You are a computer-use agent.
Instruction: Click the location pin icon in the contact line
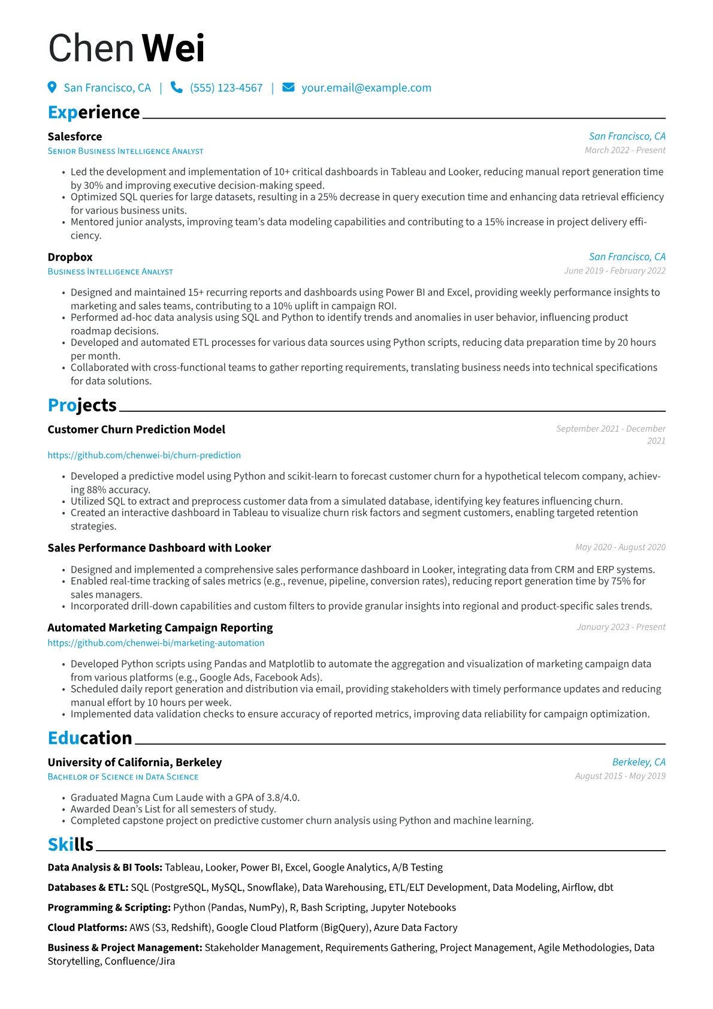coord(52,88)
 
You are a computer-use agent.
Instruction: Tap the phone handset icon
coord(176,88)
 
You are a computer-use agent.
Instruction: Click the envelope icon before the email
coord(288,88)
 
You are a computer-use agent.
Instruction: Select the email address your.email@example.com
coord(366,88)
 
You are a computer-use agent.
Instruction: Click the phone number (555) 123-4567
coord(226,88)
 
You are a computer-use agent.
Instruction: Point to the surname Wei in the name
coord(173,48)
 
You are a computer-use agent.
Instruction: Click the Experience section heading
coord(93,112)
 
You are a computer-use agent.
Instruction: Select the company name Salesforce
coord(75,137)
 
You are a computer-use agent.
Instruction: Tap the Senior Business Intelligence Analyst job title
coord(125,151)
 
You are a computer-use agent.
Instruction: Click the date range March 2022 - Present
coord(625,150)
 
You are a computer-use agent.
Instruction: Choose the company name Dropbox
coord(70,257)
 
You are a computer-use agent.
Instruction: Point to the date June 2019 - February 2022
coord(615,271)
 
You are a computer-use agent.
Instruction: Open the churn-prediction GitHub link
coord(144,455)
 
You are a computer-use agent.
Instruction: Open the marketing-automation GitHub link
coord(156,643)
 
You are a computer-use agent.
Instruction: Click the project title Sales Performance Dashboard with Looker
coord(159,548)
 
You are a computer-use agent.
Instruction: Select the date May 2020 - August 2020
coord(620,547)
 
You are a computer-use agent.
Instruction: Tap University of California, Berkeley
coord(135,763)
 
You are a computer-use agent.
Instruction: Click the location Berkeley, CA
coord(639,762)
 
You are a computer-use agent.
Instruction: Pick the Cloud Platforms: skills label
coord(87,927)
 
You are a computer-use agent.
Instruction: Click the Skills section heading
coord(71,845)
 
